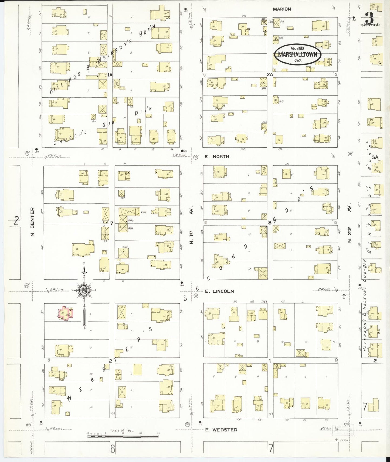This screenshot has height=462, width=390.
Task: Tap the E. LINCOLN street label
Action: click(x=219, y=291)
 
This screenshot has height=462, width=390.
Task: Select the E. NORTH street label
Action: click(x=217, y=156)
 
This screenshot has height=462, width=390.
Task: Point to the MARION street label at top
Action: click(x=282, y=9)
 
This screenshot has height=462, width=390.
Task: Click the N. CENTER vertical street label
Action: click(x=33, y=222)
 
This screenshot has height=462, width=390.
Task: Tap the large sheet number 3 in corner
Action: click(x=369, y=20)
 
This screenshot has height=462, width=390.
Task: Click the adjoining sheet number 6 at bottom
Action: click(x=113, y=449)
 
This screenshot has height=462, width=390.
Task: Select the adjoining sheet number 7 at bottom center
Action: click(x=271, y=449)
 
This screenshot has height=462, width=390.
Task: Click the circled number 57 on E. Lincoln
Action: click(x=344, y=296)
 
